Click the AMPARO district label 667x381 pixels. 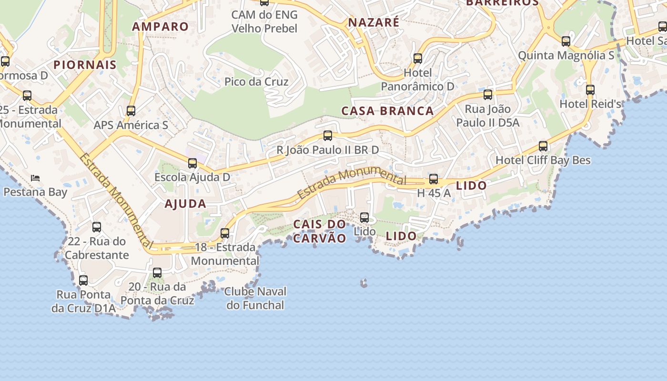161,27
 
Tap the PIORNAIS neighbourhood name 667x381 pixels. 85,65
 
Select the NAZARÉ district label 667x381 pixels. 374,22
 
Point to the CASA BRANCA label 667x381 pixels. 387,111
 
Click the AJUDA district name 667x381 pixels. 185,204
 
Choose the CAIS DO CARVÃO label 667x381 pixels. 320,231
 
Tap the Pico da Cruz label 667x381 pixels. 256,81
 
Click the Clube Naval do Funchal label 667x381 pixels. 255,298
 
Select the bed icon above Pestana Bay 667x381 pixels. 35,178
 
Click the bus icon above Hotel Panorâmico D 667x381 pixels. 418,59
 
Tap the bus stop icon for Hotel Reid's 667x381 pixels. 590,90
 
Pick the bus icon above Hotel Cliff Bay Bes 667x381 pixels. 543,146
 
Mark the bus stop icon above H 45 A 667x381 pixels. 434,179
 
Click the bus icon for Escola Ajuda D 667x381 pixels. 192,163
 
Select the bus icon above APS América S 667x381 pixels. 131,111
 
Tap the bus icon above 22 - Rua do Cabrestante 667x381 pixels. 97,227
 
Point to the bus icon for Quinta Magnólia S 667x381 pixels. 566,41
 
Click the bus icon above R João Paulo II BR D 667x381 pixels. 328,136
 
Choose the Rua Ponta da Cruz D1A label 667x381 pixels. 83,301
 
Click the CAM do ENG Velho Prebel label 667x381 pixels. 264,21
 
